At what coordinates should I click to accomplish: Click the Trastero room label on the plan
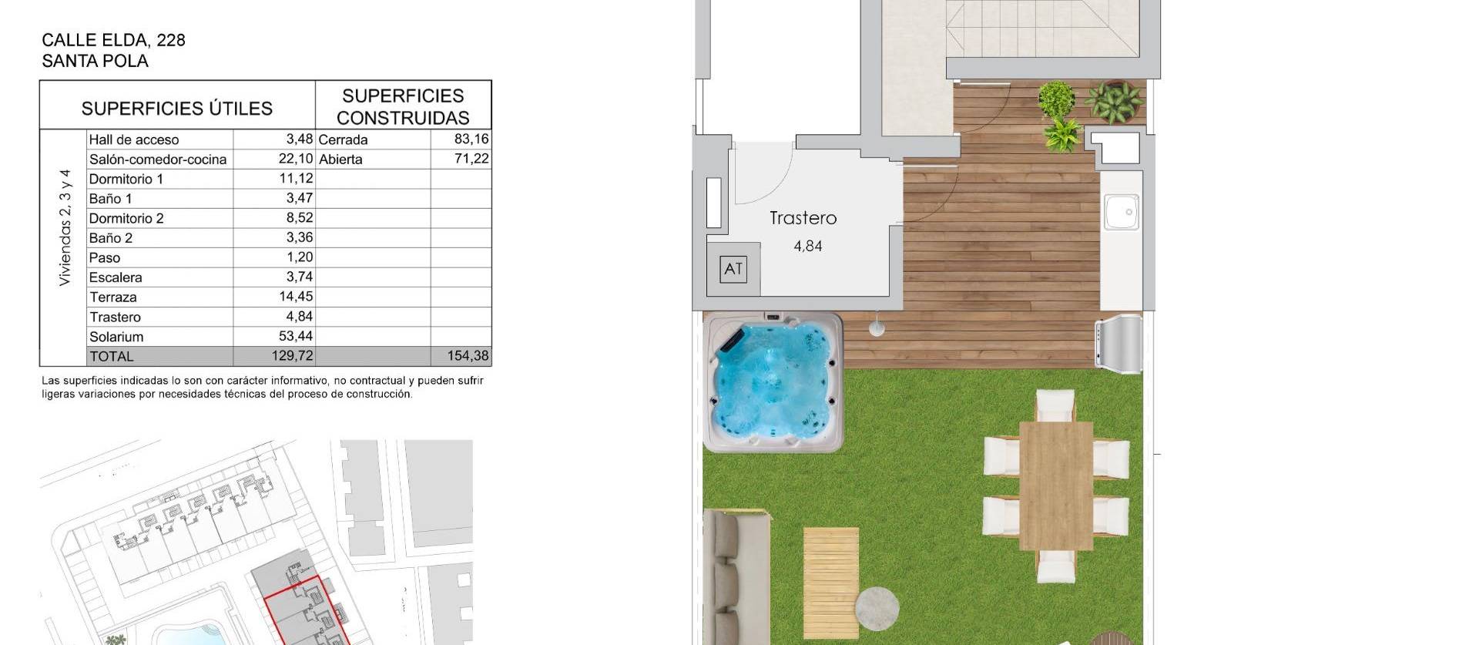[803, 218]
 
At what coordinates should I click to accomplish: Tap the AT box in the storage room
[733, 269]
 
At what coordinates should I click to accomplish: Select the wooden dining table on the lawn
[1055, 485]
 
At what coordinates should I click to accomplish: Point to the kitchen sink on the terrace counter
[1121, 211]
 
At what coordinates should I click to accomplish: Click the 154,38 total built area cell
[467, 356]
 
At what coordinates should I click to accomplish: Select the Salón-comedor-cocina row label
[158, 160]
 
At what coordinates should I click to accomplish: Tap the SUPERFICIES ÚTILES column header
[176, 109]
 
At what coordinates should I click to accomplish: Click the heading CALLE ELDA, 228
[113, 40]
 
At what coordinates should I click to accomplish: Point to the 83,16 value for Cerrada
[471, 139]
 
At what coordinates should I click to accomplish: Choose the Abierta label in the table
[340, 160]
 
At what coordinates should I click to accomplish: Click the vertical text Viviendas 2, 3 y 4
[65, 228]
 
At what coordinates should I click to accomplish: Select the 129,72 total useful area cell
[295, 356]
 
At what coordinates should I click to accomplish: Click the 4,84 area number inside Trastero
[807, 247]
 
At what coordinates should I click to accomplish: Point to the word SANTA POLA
[95, 61]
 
